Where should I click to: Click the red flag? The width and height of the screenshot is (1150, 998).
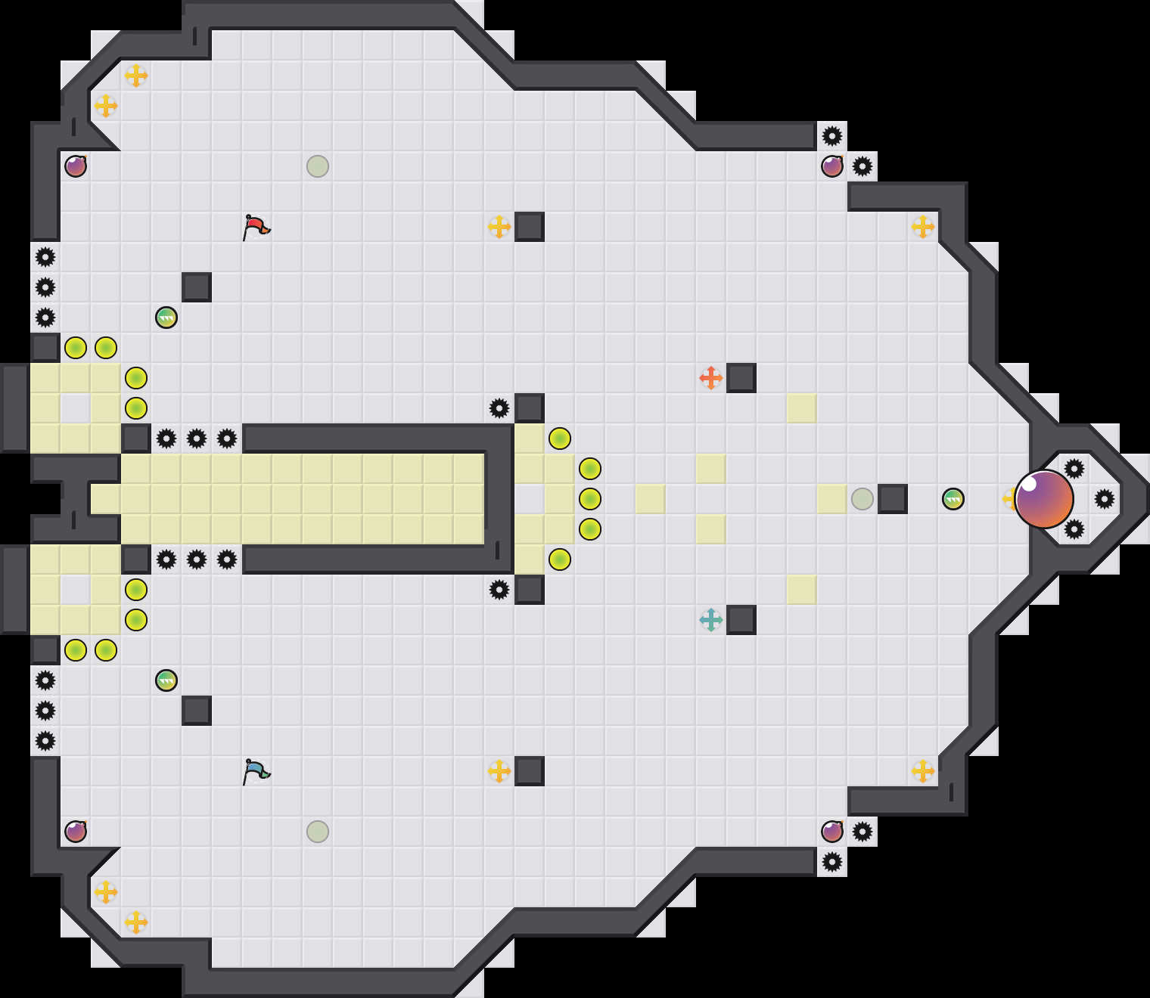256,226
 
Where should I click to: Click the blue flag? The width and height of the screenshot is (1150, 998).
256,770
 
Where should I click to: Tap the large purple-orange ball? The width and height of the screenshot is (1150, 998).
1043,499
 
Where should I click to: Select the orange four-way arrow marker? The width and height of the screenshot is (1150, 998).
710,377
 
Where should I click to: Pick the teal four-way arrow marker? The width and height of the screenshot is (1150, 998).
710,620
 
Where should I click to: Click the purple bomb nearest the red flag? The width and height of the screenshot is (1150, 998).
76,166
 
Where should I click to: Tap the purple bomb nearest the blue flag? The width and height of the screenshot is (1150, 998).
76,832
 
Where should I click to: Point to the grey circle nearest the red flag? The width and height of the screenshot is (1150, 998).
318,166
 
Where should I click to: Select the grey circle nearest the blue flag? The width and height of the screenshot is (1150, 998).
318,832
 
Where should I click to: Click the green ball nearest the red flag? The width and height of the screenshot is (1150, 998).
166,318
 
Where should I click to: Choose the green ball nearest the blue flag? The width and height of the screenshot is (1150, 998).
166,680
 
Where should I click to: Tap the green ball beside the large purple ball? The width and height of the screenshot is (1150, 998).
953,499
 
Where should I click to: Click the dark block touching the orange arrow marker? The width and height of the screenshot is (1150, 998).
741,378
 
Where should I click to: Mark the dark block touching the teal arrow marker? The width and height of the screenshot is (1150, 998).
741,620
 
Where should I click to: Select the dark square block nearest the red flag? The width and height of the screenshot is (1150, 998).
197,287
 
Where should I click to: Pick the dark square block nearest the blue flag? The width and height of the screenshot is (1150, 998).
197,711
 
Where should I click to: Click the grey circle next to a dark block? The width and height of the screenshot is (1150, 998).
862,499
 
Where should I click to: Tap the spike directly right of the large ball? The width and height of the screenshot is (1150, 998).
1105,499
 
